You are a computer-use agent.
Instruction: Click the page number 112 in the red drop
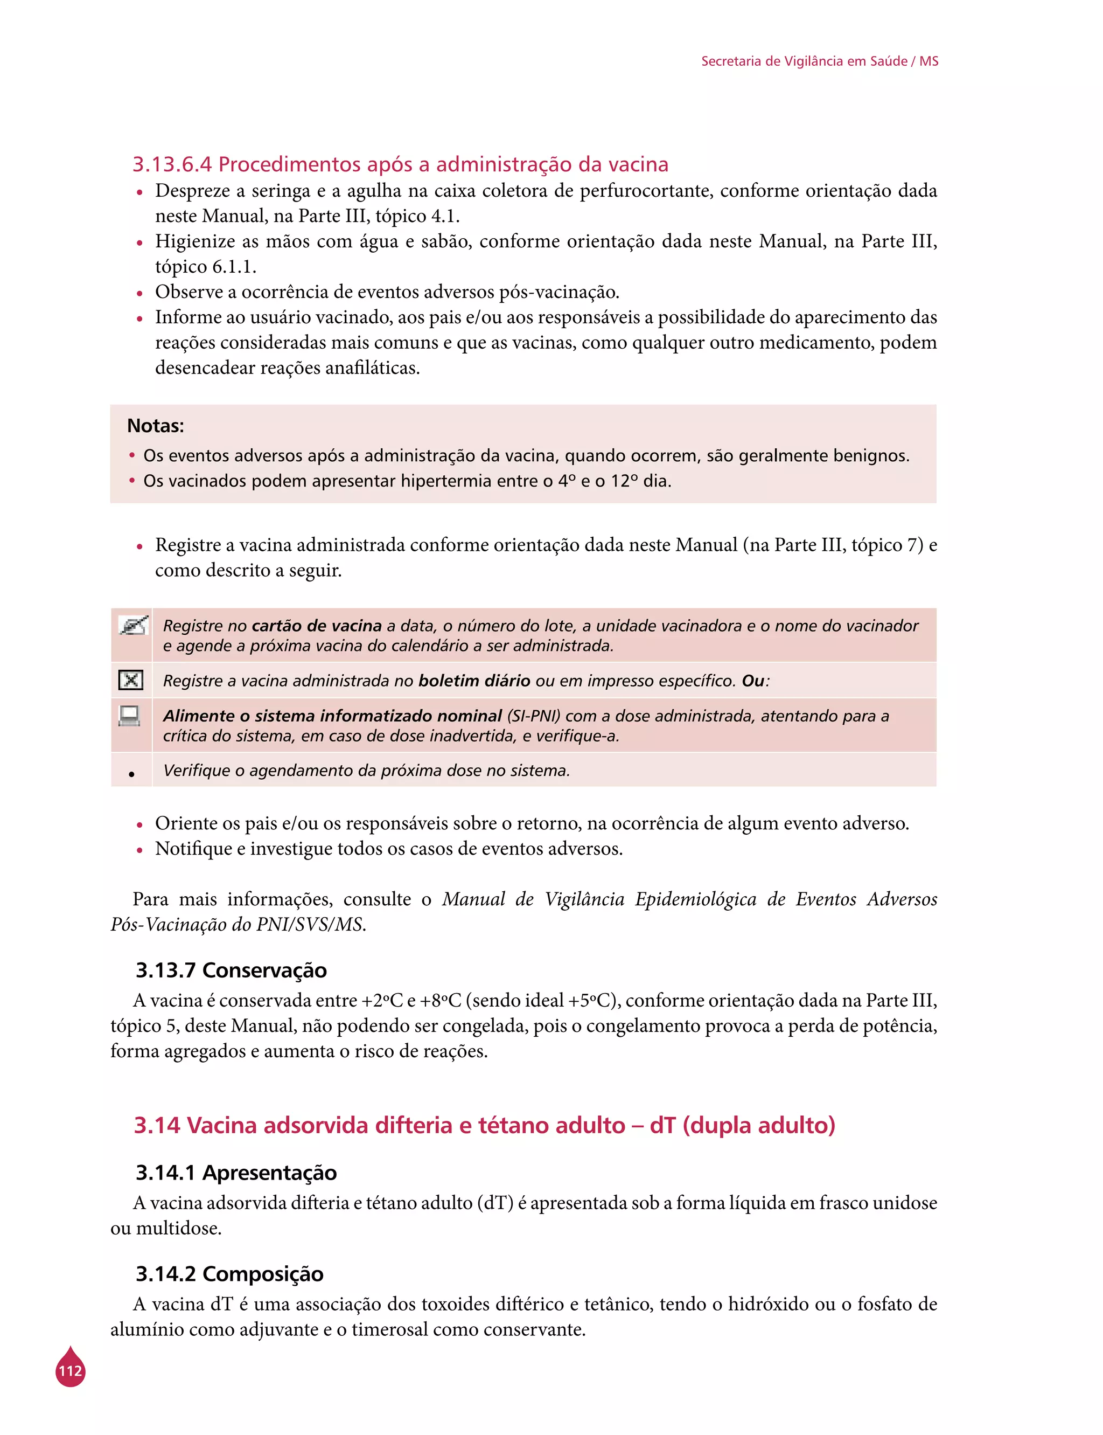pos(70,1371)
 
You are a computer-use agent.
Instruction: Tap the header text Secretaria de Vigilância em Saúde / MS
pos(819,61)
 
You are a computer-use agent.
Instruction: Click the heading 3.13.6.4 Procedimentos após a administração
pos(401,164)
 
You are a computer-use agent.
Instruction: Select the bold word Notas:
pos(156,426)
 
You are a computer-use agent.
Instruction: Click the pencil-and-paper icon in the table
pos(132,626)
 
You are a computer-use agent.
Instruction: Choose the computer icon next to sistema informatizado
pos(129,715)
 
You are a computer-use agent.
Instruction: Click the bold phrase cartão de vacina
pos(317,626)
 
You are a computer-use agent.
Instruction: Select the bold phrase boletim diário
pos(474,681)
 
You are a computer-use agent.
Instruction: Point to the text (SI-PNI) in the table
pos(533,716)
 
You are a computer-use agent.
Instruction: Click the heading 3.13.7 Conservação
pos(231,970)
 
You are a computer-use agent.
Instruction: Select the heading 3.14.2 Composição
pos(230,1273)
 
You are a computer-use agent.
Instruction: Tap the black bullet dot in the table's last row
pos(132,775)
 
